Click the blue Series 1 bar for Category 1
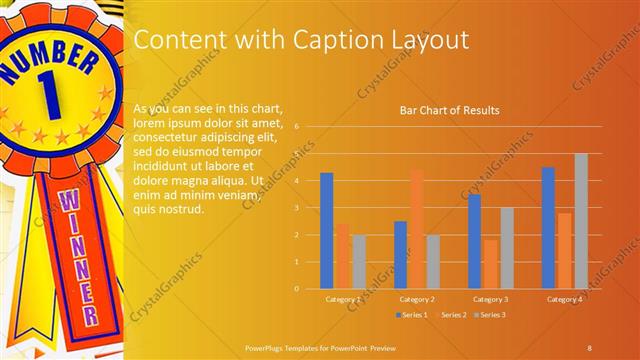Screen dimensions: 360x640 point(326,231)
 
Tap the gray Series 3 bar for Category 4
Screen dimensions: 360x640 point(580,221)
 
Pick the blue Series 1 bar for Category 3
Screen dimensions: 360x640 point(474,241)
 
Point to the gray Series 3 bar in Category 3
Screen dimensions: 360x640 point(506,248)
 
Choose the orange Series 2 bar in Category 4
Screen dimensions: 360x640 point(564,250)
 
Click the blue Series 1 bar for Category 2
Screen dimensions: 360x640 point(400,255)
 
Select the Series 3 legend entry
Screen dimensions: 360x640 point(490,315)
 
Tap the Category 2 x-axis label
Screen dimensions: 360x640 point(416,299)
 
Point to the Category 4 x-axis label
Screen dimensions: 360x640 point(564,299)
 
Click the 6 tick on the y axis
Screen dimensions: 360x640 point(296,127)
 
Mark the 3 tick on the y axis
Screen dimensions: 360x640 point(296,208)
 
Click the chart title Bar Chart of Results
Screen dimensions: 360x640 point(449,110)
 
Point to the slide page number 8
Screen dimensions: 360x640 point(589,346)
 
